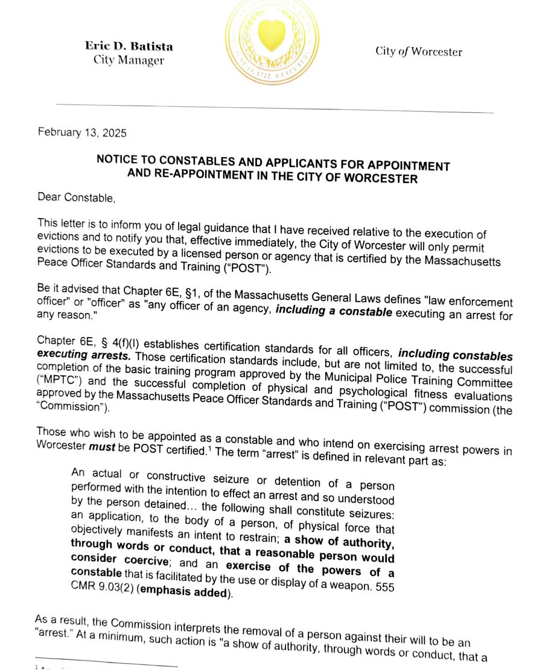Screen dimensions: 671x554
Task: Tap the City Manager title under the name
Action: point(128,60)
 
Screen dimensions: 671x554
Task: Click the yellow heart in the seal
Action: point(272,36)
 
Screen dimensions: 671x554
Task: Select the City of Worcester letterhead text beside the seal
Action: point(418,51)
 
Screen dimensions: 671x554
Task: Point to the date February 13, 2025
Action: point(82,132)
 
